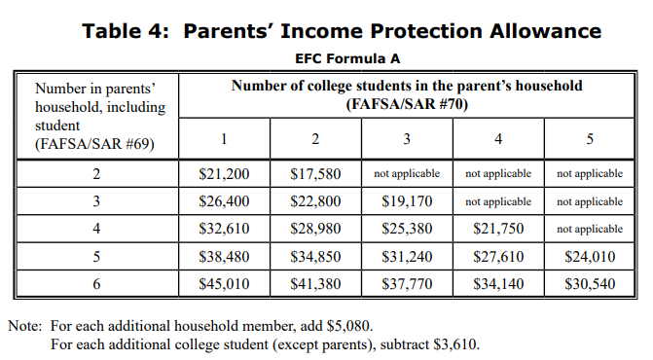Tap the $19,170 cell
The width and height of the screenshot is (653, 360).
pos(407,201)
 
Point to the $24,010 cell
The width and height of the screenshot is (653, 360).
pos(590,257)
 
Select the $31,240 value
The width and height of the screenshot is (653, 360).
pos(407,257)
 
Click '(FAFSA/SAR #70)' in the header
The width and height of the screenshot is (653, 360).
pos(407,103)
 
